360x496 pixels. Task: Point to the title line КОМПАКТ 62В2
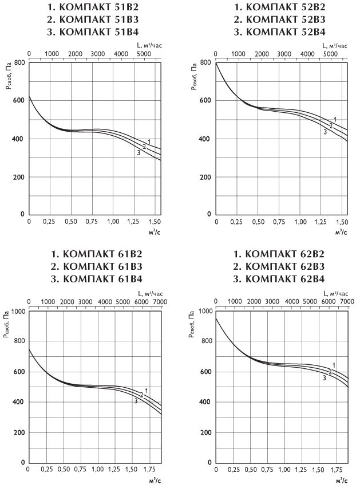(x=280, y=255)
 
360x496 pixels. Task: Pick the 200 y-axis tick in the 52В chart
(x=204, y=177)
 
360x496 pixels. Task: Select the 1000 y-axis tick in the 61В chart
(x=17, y=312)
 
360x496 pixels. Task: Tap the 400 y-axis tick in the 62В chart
(x=204, y=402)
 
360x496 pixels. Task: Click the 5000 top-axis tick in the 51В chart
(x=144, y=54)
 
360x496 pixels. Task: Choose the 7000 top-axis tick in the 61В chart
(x=160, y=301)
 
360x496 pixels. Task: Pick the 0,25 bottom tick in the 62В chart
(x=234, y=469)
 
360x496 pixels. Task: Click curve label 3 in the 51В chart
(x=138, y=153)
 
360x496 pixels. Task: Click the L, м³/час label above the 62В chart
(x=335, y=292)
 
